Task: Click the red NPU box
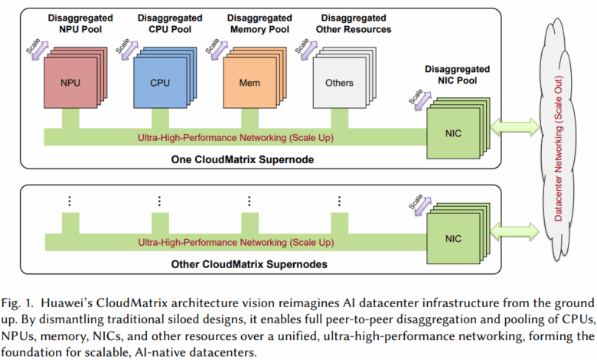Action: tap(70, 81)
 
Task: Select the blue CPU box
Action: tap(160, 81)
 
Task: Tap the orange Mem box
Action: tap(250, 81)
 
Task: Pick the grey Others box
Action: tap(339, 81)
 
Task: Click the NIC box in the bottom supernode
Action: tap(453, 238)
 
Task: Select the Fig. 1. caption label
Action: tap(17, 299)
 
